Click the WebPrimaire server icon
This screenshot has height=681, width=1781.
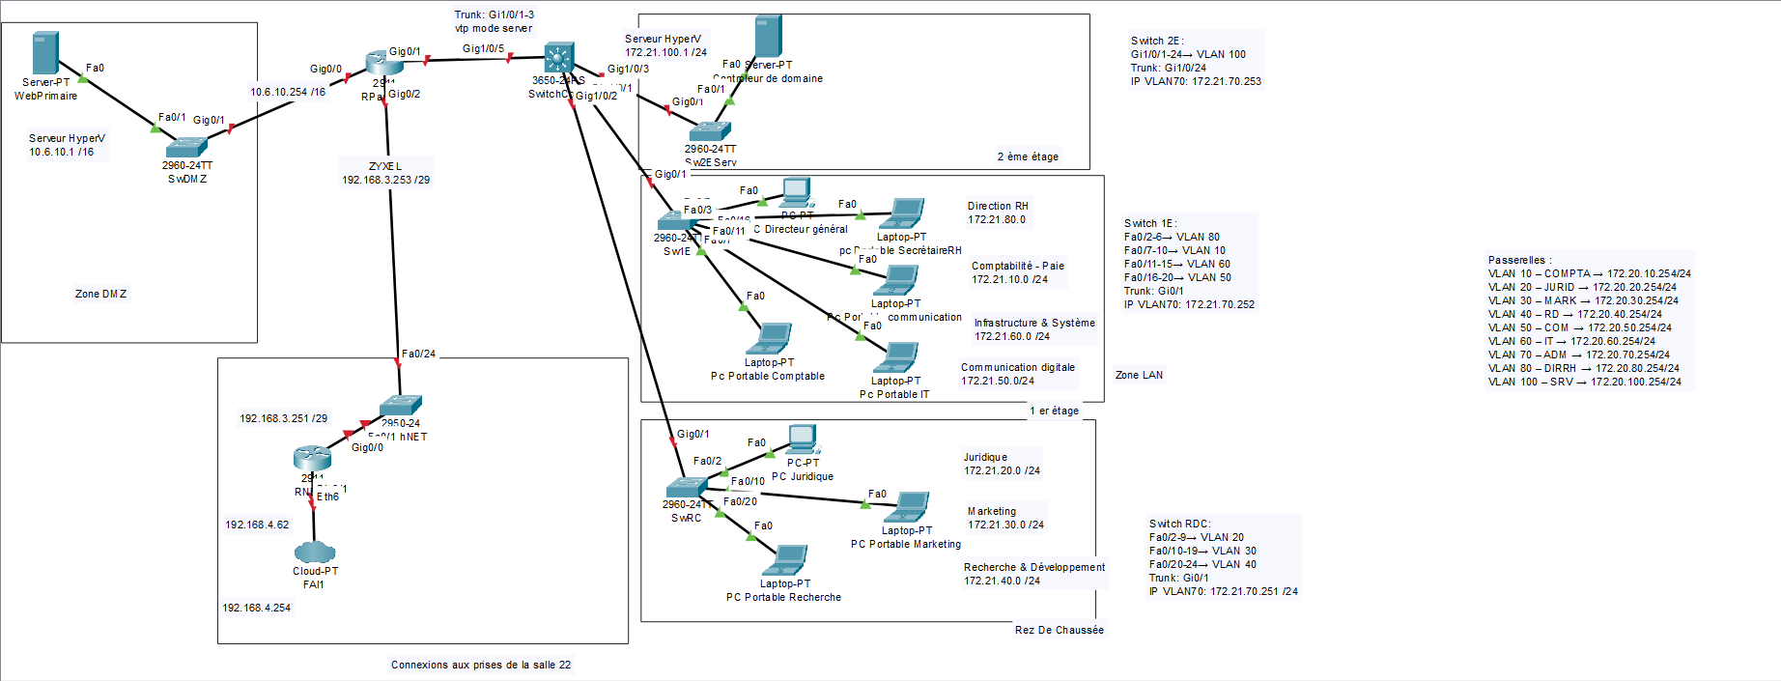(45, 52)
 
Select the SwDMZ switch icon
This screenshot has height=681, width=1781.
(186, 147)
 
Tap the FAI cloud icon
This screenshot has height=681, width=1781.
(314, 552)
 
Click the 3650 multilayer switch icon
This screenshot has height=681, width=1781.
(559, 58)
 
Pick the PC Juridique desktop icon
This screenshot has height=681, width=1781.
(802, 440)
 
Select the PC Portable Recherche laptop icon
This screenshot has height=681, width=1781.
(786, 561)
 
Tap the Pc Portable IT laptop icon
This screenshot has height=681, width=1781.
(896, 358)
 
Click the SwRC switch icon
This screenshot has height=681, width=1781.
(687, 487)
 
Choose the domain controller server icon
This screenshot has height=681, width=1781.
(768, 37)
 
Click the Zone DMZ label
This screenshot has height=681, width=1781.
(100, 294)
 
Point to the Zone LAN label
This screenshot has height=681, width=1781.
(1139, 375)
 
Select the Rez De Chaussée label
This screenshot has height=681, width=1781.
(1059, 630)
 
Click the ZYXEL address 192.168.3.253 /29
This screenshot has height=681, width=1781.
(385, 180)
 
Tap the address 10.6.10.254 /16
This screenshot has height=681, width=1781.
(288, 93)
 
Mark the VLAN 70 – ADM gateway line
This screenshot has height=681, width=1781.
(1578, 355)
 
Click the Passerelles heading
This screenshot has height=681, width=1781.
(1519, 260)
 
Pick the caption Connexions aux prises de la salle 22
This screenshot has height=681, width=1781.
(480, 665)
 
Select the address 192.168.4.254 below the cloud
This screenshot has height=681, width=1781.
(256, 608)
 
